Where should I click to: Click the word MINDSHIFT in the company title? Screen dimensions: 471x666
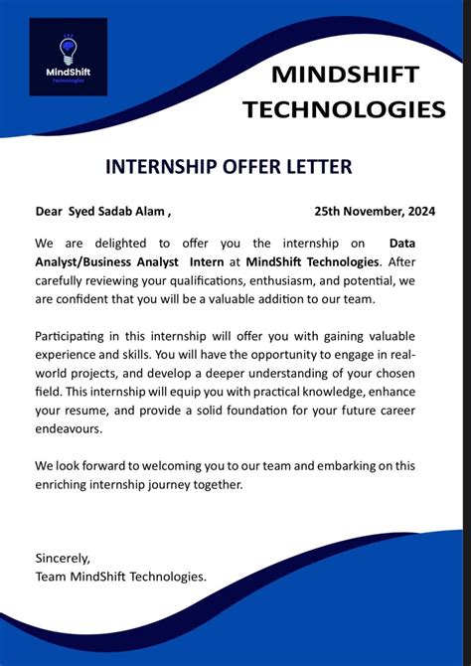(345, 75)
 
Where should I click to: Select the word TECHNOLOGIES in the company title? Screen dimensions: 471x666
(345, 108)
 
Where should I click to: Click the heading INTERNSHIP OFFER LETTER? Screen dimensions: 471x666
(228, 167)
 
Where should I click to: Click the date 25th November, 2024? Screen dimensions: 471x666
(375, 211)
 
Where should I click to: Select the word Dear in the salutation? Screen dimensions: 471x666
(49, 211)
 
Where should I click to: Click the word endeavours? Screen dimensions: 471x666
(72, 429)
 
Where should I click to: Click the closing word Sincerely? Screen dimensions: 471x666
(63, 559)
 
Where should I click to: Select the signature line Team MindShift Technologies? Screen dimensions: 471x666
(121, 577)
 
